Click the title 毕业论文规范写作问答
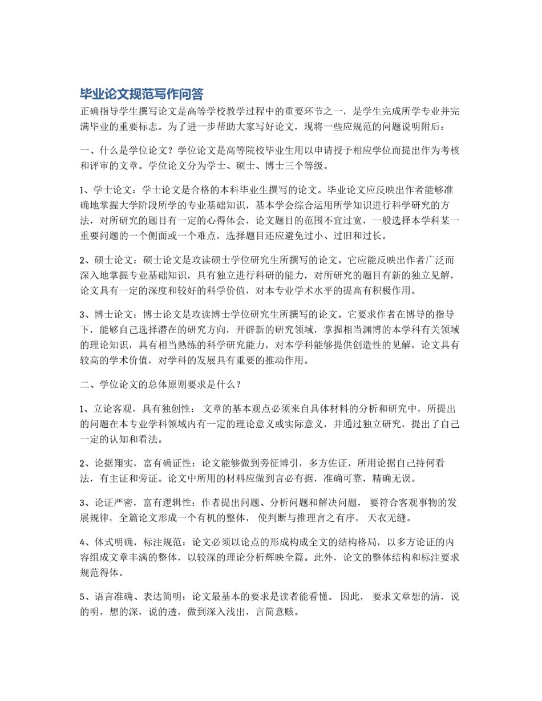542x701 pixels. tap(141, 94)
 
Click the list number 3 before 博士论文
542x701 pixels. tap(83, 314)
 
